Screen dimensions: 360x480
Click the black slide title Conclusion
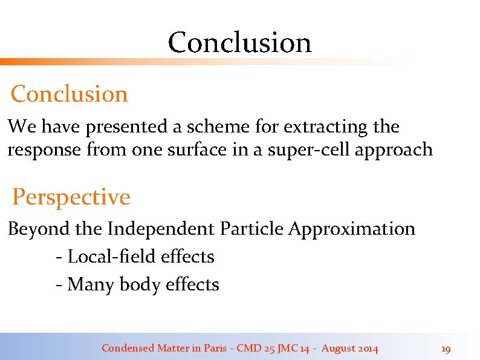tap(239, 42)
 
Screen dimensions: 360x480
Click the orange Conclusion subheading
tap(70, 94)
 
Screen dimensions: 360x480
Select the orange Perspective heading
tap(71, 197)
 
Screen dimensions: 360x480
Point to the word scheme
tap(213, 127)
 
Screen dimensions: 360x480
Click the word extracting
tap(326, 127)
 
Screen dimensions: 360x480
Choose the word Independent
tap(160, 229)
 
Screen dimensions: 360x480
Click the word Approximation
tap(352, 229)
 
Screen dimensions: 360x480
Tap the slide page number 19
tap(446, 349)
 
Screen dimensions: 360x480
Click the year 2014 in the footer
tap(368, 349)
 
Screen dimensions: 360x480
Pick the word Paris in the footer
tap(216, 349)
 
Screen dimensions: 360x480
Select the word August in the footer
tap(338, 349)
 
